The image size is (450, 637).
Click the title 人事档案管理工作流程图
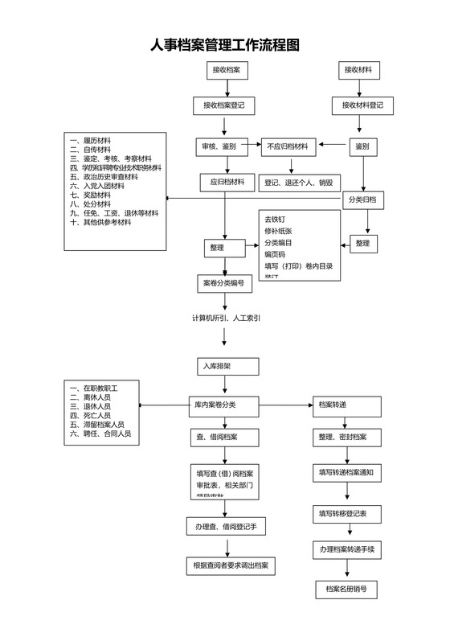click(225, 46)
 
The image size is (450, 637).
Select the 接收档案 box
click(224, 71)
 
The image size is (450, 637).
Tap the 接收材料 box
click(358, 71)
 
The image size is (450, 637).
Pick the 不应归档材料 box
click(288, 146)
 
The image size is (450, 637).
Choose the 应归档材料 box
click(227, 183)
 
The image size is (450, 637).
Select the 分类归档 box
click(363, 199)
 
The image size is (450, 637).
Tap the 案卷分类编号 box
click(225, 283)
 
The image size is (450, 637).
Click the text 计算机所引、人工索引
click(225, 318)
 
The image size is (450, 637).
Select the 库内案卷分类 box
click(223, 404)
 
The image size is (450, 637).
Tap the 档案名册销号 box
click(346, 590)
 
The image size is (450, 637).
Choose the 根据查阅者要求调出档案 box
click(230, 565)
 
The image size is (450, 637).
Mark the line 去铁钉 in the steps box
click(275, 219)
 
